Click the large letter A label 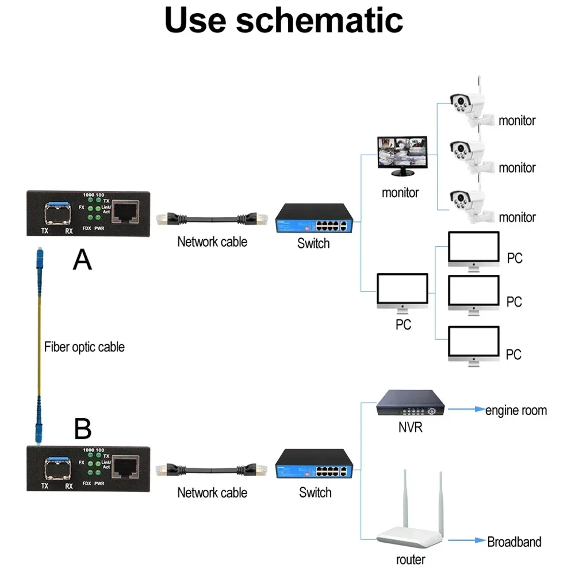pos(82,260)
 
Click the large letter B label pos(83,429)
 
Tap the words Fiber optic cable pos(84,347)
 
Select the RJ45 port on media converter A pos(125,212)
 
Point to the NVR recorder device pos(411,403)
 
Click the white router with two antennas pos(411,517)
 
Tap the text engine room pos(516,411)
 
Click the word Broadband pos(514,542)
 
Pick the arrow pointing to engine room pos(466,410)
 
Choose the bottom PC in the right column pos(474,346)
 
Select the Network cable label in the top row pos(212,241)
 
